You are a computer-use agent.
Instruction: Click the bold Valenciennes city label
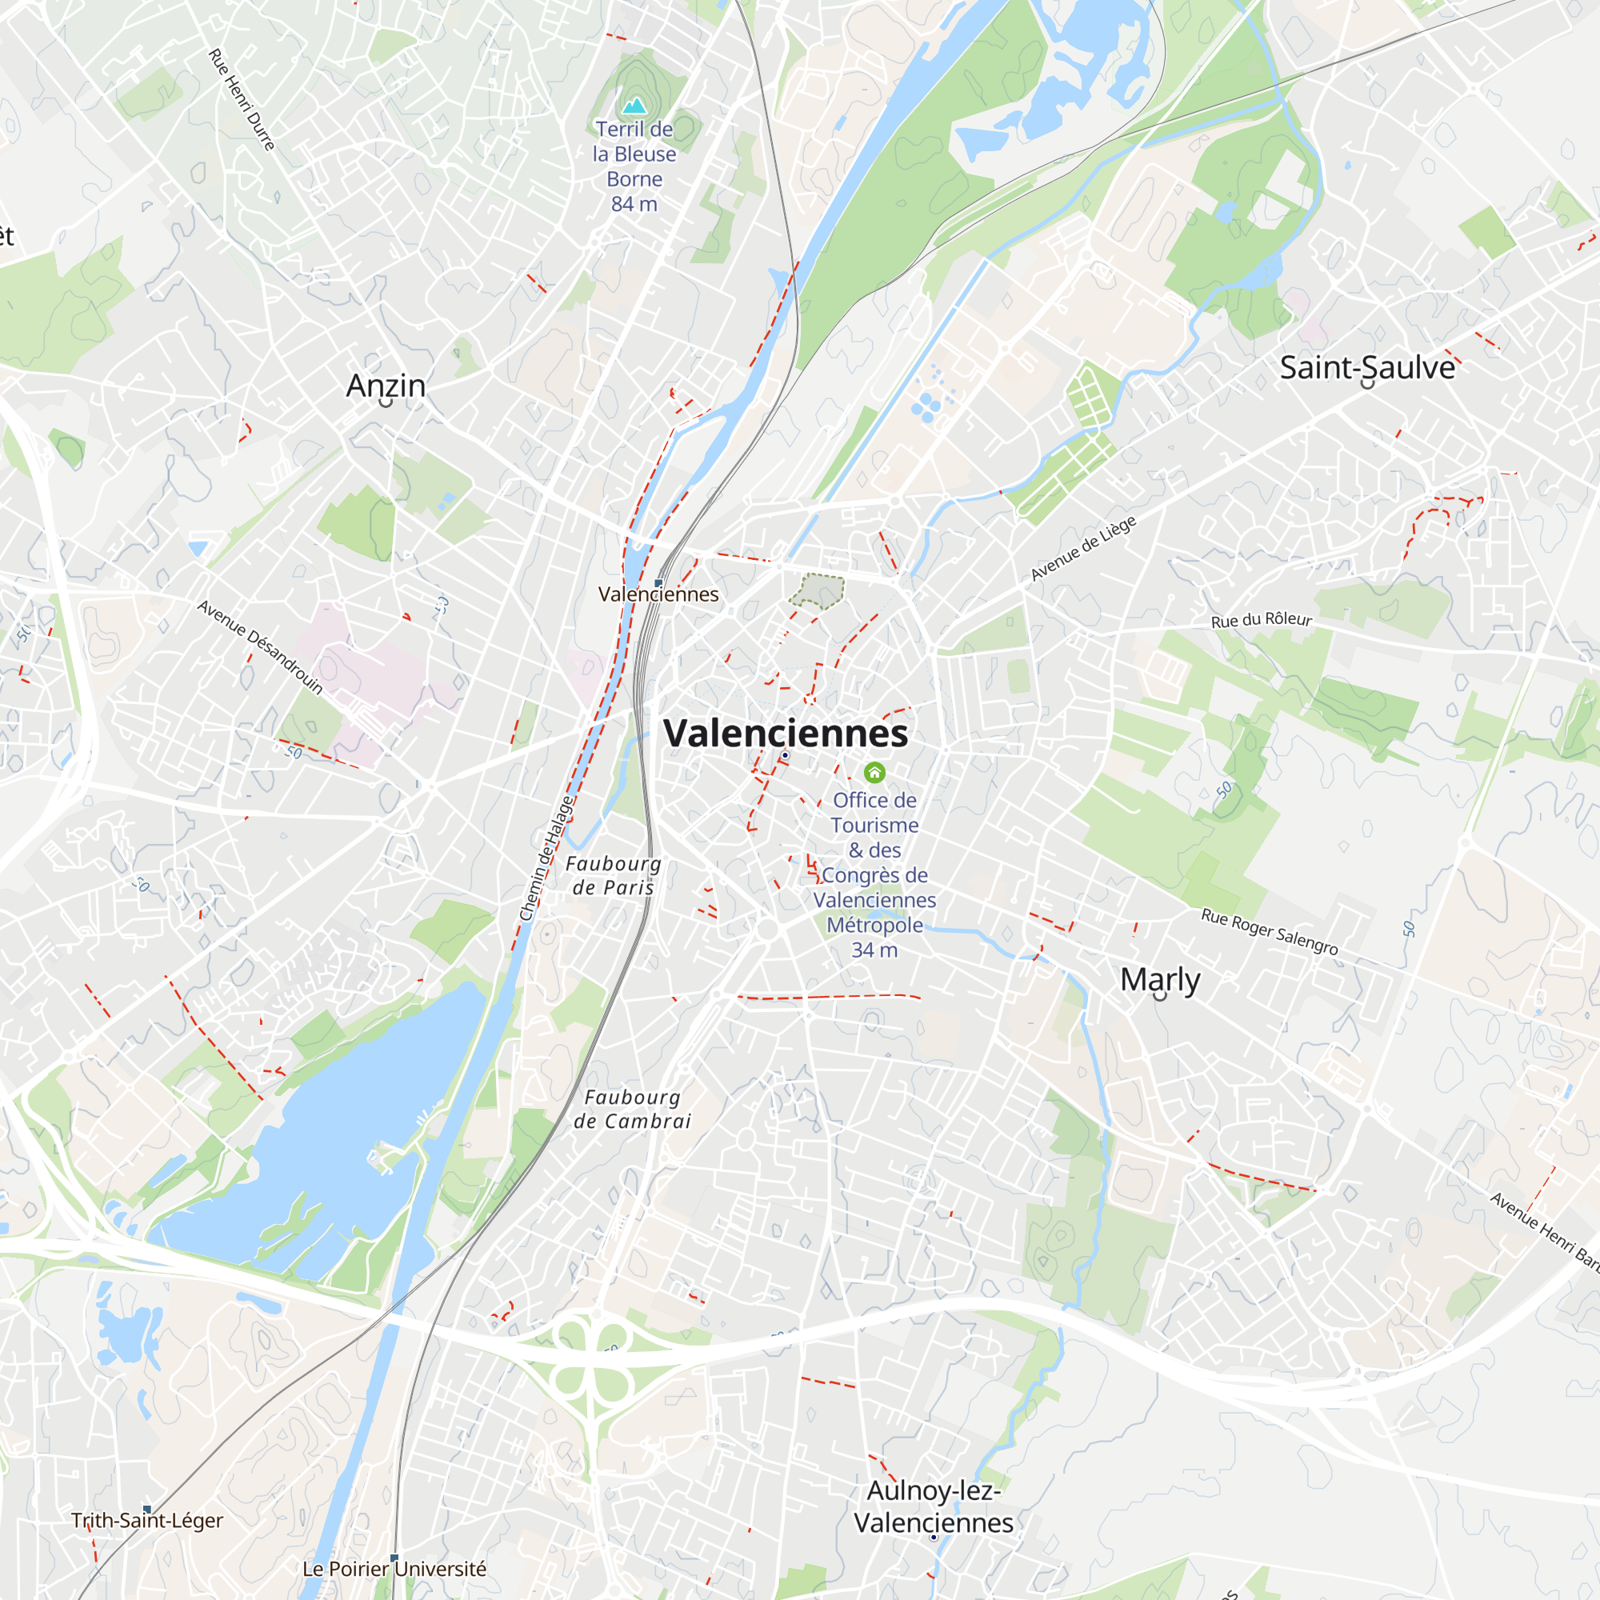pyautogui.click(x=785, y=733)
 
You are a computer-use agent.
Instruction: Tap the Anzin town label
pyautogui.click(x=386, y=385)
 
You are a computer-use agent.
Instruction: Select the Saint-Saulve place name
pyautogui.click(x=1366, y=368)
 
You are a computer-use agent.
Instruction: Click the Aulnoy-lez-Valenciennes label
pyautogui.click(x=934, y=1506)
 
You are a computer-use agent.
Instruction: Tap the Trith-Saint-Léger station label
pyautogui.click(x=147, y=1521)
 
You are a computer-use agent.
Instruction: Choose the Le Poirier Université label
pyautogui.click(x=394, y=1569)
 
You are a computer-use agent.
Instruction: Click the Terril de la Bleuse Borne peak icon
pyautogui.click(x=634, y=105)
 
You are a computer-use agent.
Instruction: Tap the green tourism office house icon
pyautogui.click(x=874, y=773)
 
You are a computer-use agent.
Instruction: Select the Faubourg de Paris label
pyautogui.click(x=613, y=875)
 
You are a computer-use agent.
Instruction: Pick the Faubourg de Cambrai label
pyautogui.click(x=633, y=1109)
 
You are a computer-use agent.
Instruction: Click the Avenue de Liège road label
pyautogui.click(x=1083, y=548)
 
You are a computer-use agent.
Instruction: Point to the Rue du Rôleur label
pyautogui.click(x=1262, y=620)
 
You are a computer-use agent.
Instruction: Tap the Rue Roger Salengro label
pyautogui.click(x=1270, y=932)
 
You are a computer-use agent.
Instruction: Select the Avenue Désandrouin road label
pyautogui.click(x=260, y=646)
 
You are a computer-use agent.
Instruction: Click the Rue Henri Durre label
pyautogui.click(x=241, y=99)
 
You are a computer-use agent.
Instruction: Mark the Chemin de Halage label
pyautogui.click(x=546, y=858)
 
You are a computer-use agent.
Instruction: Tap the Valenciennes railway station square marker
pyautogui.click(x=658, y=583)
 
